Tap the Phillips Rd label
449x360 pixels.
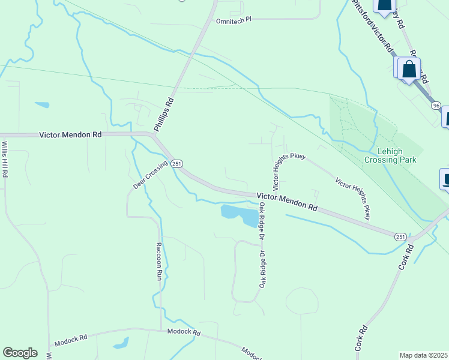(163, 114)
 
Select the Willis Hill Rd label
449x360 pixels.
(4, 159)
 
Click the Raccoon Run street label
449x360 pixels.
(159, 262)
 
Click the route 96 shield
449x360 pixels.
(435, 105)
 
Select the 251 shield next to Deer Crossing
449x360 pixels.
(176, 163)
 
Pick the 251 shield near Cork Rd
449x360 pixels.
(401, 236)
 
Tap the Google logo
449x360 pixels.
(20, 353)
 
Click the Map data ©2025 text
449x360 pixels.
(424, 355)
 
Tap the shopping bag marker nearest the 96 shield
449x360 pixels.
(409, 68)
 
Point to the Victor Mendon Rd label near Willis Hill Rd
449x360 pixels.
(70, 135)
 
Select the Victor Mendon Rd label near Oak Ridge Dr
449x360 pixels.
(287, 200)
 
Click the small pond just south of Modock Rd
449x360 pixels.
(121, 344)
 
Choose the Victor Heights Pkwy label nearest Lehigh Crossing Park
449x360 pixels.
(353, 198)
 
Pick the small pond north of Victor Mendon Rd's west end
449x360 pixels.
(42, 105)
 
